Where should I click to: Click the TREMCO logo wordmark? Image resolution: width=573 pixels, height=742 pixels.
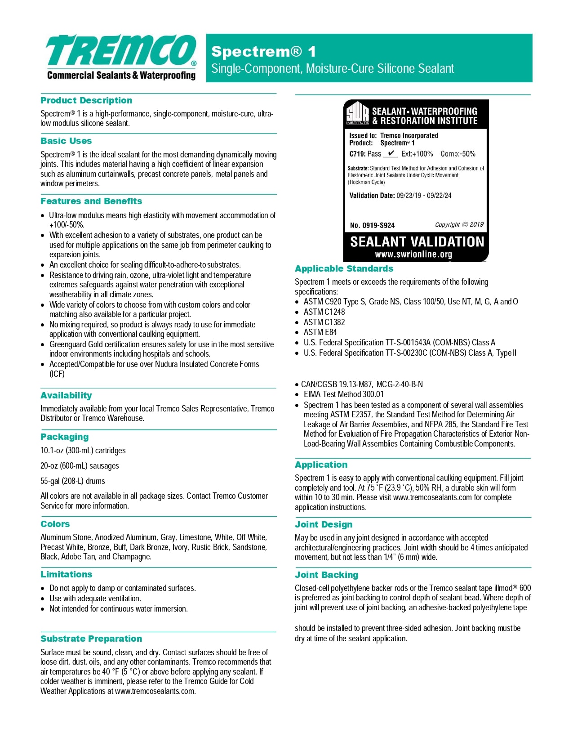(x=120, y=50)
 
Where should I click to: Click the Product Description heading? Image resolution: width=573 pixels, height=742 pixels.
(x=86, y=100)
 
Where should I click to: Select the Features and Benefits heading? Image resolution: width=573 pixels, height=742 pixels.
(x=91, y=201)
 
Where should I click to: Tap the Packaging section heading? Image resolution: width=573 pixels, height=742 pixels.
(x=65, y=437)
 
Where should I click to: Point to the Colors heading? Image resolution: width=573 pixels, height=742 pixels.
(x=55, y=524)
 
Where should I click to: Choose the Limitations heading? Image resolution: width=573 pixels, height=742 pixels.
(x=67, y=574)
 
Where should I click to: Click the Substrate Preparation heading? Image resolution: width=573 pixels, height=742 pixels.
(x=91, y=639)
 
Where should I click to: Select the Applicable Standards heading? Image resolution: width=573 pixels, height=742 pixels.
(x=344, y=268)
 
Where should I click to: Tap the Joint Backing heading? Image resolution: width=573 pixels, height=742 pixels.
(x=327, y=575)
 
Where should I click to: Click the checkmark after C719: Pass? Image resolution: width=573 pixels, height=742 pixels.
(x=391, y=153)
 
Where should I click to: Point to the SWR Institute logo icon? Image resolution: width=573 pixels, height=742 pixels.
(x=357, y=113)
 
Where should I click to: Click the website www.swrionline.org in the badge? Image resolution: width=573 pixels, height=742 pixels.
(x=413, y=255)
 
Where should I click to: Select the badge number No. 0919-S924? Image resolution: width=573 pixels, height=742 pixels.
(x=372, y=225)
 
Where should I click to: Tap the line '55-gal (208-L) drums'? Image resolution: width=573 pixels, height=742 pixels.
(x=73, y=481)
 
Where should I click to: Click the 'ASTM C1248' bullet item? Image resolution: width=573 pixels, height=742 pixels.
(x=324, y=312)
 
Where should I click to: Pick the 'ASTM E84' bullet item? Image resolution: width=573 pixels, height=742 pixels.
(x=320, y=332)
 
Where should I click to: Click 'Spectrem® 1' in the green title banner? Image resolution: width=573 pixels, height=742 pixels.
(x=264, y=52)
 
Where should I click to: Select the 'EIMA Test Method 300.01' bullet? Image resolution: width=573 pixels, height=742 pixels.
(x=343, y=394)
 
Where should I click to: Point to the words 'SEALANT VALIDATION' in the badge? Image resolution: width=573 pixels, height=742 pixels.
(x=417, y=242)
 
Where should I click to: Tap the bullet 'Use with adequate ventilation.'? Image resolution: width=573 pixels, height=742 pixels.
(x=95, y=599)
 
